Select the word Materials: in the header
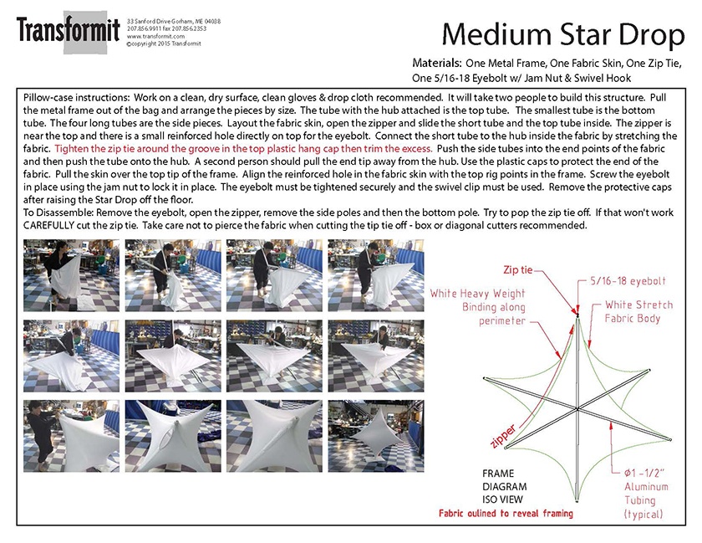click(437, 63)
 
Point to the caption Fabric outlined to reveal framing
click(506, 512)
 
